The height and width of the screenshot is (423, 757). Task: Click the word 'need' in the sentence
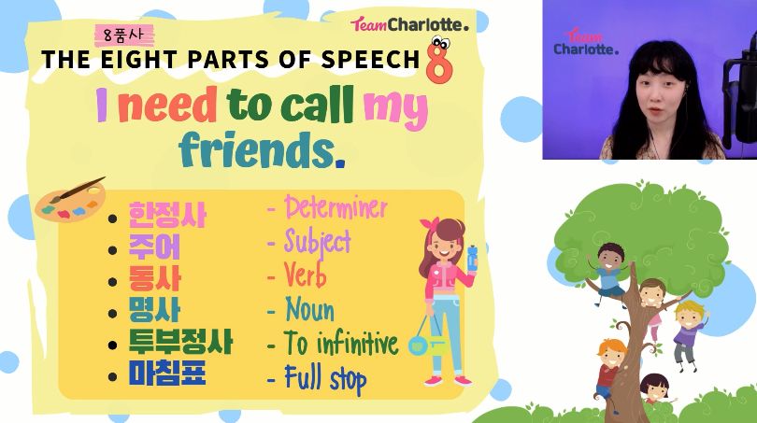(167, 105)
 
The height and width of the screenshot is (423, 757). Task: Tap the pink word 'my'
(395, 108)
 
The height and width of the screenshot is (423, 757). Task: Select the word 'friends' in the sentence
(257, 149)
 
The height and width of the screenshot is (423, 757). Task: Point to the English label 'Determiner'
(336, 207)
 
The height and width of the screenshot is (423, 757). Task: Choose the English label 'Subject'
(317, 242)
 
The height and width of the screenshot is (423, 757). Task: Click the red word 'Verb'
(305, 275)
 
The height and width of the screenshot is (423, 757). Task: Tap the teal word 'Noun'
(309, 309)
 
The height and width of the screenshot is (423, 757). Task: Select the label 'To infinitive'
(341, 343)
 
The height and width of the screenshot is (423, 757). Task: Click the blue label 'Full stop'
(325, 378)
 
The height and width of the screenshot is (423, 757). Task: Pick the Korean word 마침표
(167, 373)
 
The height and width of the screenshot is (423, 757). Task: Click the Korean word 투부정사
(180, 341)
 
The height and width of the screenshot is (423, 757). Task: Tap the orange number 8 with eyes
(439, 60)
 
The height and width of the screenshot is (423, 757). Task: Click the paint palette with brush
(70, 200)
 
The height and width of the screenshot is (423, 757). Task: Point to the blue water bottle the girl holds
(472, 257)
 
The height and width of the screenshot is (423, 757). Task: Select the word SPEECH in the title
(370, 60)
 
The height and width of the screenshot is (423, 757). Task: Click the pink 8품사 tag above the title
(124, 35)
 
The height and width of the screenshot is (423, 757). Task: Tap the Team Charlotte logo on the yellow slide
(409, 24)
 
